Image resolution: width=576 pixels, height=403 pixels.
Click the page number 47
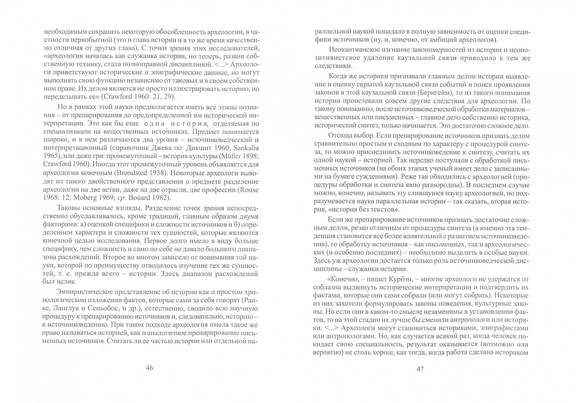(x=420, y=369)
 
